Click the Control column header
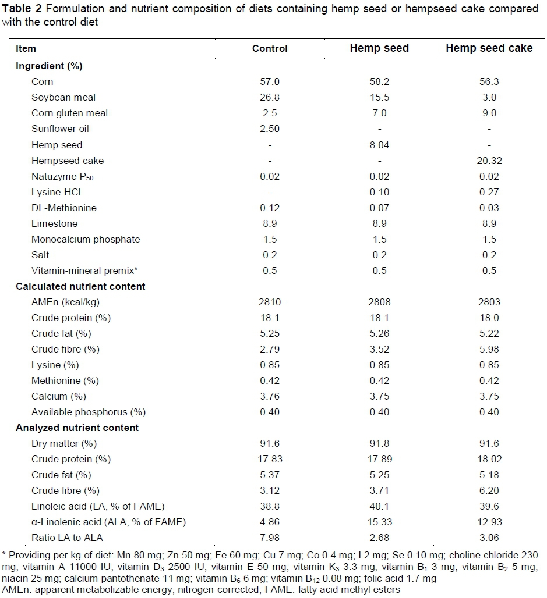(x=270, y=48)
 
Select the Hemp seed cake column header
(x=489, y=48)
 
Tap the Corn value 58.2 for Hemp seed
(x=379, y=82)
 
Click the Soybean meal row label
(x=63, y=98)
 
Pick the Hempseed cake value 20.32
(x=489, y=161)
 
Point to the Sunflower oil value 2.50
(x=270, y=129)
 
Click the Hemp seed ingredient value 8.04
(x=379, y=145)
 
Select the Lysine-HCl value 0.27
(x=489, y=192)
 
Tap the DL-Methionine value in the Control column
(x=270, y=208)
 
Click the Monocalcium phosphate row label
(x=86, y=239)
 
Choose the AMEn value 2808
(x=379, y=302)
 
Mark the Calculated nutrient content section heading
(x=80, y=286)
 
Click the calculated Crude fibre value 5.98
(x=489, y=349)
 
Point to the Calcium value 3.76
(x=270, y=396)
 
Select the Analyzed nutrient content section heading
(x=77, y=428)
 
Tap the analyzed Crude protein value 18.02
(x=489, y=459)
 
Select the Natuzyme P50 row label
(x=62, y=176)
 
